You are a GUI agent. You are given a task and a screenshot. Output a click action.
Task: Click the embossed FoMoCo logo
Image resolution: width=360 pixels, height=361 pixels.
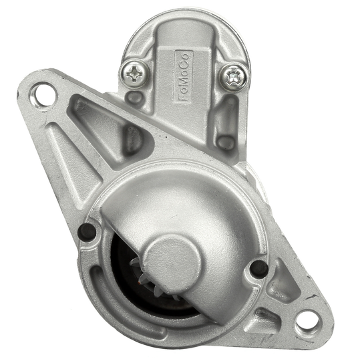(184, 76)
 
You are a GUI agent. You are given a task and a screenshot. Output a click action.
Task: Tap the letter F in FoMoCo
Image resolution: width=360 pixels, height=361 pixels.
(184, 98)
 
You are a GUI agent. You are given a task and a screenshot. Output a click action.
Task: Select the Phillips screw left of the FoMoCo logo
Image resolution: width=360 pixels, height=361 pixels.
(134, 74)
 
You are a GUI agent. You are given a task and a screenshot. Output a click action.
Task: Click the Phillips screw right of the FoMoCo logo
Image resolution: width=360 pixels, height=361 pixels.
(233, 78)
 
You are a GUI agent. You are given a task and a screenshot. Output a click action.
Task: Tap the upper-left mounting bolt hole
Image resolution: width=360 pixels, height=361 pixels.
(43, 94)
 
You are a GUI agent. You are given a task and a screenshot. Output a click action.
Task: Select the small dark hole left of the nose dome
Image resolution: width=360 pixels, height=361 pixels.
(87, 232)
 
